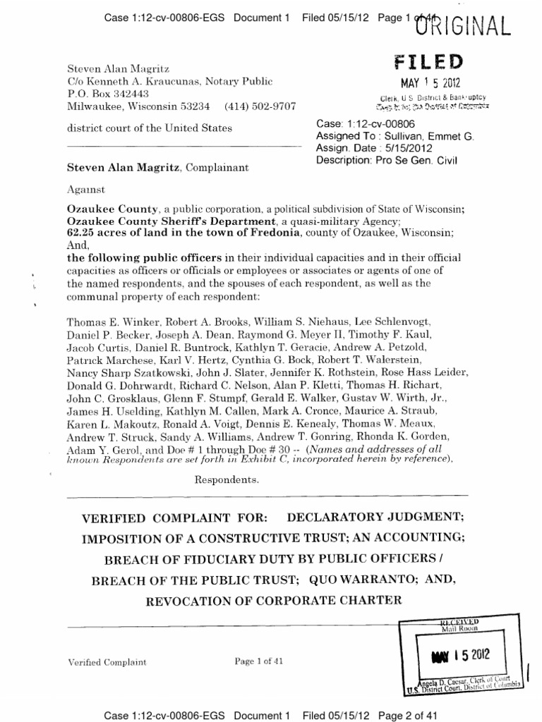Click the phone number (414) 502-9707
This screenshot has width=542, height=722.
(x=260, y=106)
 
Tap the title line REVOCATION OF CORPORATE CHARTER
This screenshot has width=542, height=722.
(x=274, y=601)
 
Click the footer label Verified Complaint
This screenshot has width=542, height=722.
(x=107, y=662)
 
